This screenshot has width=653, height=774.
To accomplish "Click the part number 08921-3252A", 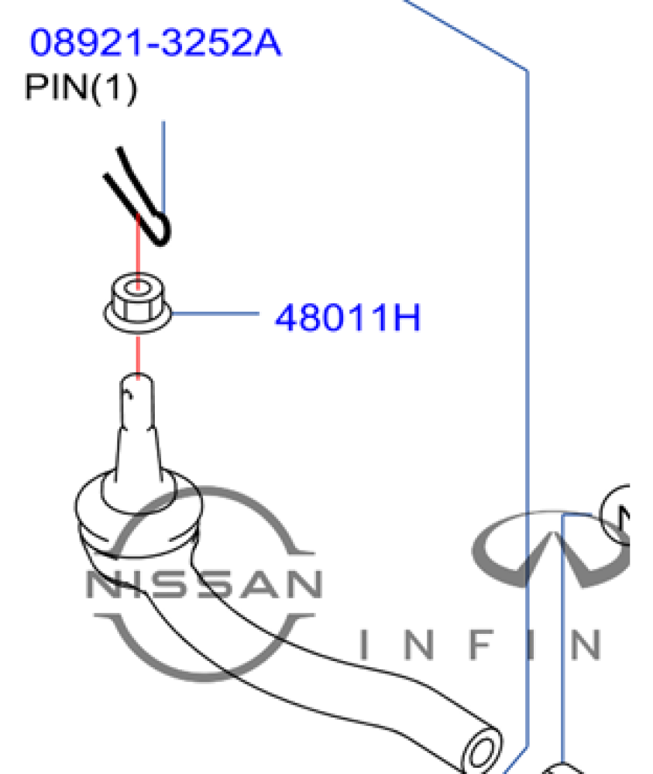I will coord(155,43).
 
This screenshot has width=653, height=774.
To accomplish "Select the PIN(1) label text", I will coord(81,87).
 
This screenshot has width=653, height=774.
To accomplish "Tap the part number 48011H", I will coord(348,317).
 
